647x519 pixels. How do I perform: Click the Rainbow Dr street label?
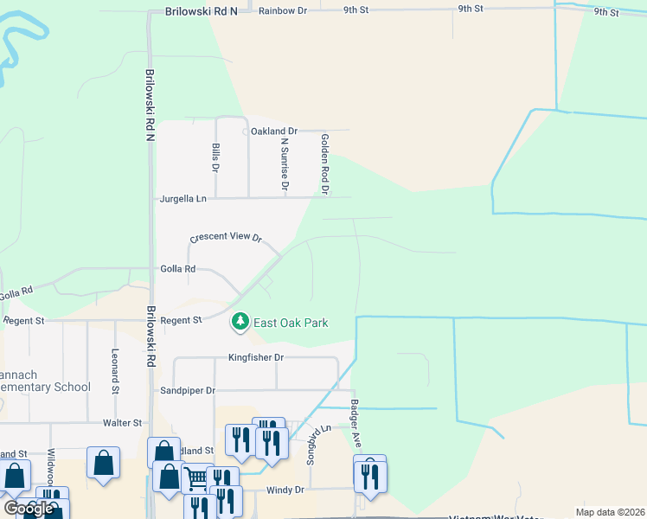click(x=283, y=10)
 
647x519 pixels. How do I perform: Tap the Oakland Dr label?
click(x=273, y=131)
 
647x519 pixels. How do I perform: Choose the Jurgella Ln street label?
click(x=183, y=198)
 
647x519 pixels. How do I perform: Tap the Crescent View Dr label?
click(x=226, y=238)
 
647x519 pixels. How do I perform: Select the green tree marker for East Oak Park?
click(x=240, y=322)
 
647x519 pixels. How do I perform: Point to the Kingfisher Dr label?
click(x=256, y=356)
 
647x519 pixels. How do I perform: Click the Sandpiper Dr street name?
click(x=188, y=390)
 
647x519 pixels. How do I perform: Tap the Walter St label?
click(x=122, y=422)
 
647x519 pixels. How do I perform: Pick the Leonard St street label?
click(x=115, y=372)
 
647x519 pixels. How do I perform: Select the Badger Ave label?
click(x=355, y=423)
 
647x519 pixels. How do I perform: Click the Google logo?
click(x=29, y=509)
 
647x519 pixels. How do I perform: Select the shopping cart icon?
click(x=197, y=477)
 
